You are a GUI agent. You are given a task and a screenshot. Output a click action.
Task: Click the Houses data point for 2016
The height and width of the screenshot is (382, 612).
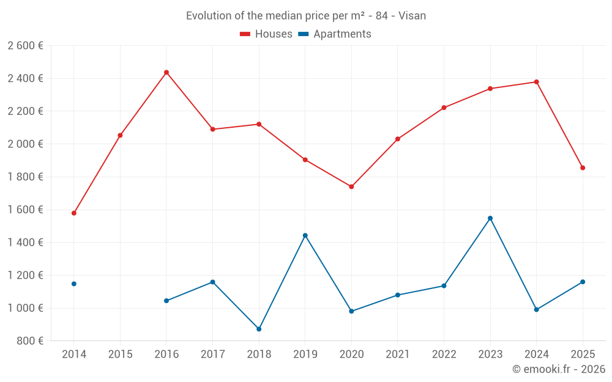[x=166, y=72]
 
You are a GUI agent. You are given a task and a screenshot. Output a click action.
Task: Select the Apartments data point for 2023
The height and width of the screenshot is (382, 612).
[x=490, y=218]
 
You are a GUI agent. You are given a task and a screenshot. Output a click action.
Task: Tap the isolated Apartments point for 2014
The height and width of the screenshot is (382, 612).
[x=74, y=284]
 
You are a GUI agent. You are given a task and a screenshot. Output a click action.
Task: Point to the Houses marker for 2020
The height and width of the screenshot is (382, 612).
[x=351, y=186]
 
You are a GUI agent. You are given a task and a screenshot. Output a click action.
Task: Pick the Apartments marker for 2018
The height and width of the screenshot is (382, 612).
[x=259, y=329]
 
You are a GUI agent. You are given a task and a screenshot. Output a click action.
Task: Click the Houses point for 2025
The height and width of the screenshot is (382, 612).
[x=583, y=167]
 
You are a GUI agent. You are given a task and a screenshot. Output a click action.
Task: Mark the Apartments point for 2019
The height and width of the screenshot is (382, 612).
[x=305, y=235]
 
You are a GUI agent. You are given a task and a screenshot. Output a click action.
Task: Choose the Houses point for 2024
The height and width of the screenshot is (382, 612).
[x=537, y=82]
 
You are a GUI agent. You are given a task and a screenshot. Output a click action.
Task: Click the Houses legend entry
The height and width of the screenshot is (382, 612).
[x=266, y=34]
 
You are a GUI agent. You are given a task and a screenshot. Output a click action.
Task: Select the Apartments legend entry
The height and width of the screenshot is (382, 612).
[x=335, y=34]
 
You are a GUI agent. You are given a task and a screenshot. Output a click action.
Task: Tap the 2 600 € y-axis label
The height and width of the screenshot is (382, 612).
[x=25, y=45]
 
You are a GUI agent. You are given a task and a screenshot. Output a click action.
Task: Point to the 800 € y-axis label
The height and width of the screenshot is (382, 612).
[x=29, y=340]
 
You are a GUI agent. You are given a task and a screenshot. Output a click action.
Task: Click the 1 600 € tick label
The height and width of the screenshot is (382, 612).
[x=25, y=210]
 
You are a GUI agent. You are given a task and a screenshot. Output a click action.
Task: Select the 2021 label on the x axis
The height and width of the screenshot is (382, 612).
[x=398, y=354]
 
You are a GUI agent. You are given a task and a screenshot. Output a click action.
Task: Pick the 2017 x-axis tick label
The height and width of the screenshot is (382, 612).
[x=212, y=354]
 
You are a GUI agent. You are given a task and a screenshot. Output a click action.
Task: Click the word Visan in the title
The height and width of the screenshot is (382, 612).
[x=412, y=16]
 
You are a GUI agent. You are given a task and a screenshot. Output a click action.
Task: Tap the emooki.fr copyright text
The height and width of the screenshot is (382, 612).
[x=558, y=369]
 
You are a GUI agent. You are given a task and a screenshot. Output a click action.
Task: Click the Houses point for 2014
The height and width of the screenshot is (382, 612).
[x=74, y=213]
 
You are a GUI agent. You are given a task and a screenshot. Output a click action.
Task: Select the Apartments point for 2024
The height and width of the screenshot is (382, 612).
[x=537, y=309]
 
